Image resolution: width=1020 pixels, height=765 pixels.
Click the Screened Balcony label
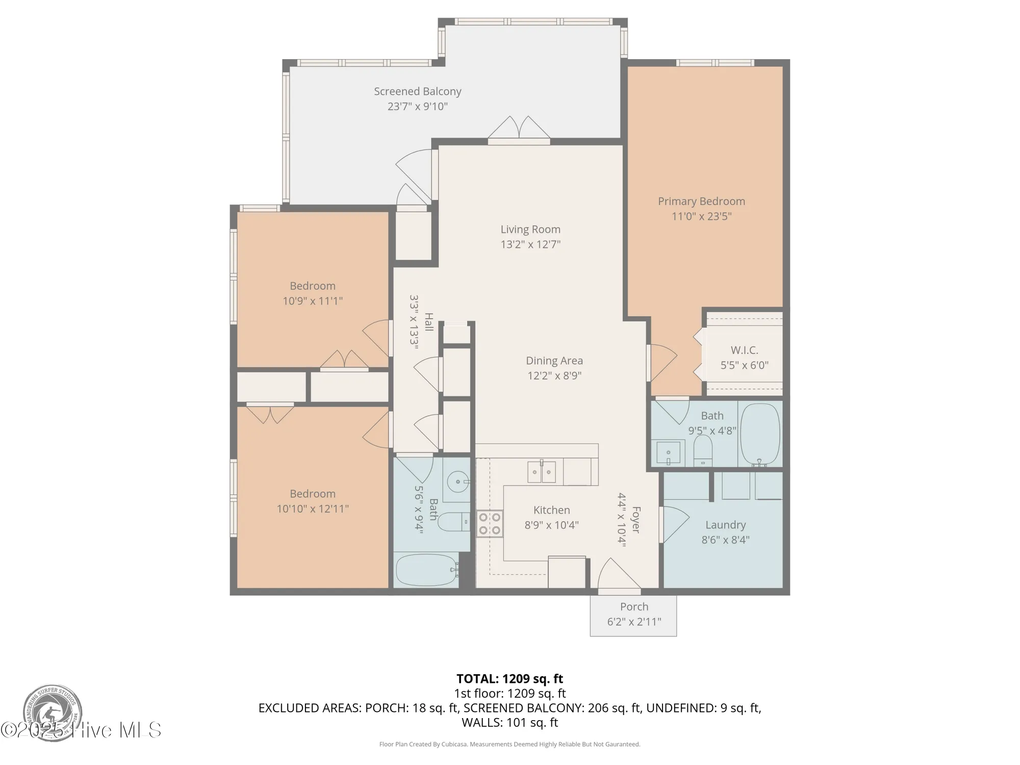click(417, 91)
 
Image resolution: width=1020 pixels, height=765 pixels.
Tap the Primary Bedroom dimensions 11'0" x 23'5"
click(701, 216)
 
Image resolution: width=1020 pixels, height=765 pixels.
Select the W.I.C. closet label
click(744, 350)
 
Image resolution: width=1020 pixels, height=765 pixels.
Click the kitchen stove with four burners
click(490, 524)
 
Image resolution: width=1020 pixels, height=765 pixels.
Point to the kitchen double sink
click(541, 472)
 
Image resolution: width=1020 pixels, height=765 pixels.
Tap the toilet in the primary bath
click(703, 450)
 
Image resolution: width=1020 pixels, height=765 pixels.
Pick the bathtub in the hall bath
click(426, 570)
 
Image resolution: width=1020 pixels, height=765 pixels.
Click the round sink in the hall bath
click(458, 481)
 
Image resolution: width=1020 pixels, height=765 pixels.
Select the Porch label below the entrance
click(634, 607)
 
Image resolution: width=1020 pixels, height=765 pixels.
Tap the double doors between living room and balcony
click(519, 128)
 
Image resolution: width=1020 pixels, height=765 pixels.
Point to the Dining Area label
click(554, 361)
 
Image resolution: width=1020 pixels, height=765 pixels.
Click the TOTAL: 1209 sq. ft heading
click(509, 679)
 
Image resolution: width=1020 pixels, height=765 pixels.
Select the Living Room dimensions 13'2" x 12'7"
click(530, 244)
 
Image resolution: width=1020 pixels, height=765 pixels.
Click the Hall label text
click(429, 322)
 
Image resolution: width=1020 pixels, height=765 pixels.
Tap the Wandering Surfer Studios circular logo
click(53, 712)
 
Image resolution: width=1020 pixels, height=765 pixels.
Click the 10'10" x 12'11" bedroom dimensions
click(313, 508)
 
